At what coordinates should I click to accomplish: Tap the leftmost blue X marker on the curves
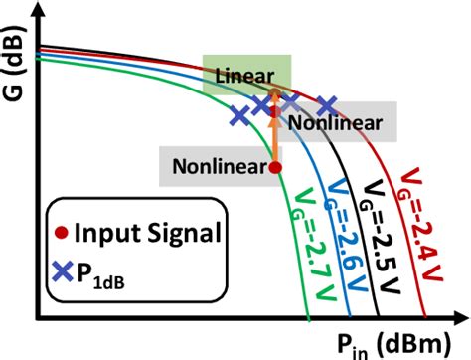239,116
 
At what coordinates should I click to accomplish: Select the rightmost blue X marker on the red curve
327,103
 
